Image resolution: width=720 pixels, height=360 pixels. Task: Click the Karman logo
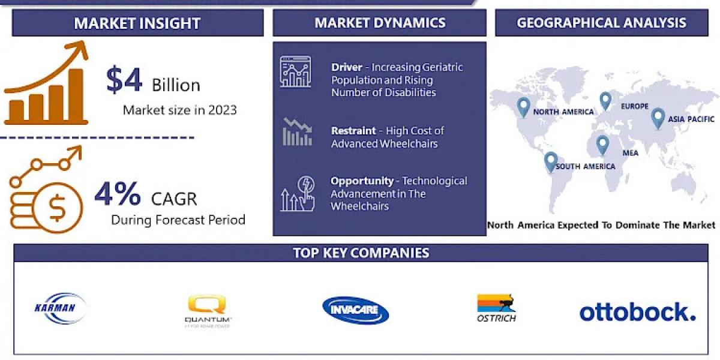click(60, 309)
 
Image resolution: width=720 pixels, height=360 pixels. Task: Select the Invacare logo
click(355, 310)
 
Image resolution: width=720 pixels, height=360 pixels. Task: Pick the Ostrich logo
click(496, 308)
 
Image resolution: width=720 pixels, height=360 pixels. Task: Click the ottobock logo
click(637, 311)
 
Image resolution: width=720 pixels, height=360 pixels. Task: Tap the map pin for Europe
click(605, 101)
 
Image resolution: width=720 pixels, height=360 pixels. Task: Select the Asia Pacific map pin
click(658, 118)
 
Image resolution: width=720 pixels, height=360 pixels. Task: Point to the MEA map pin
click(602, 145)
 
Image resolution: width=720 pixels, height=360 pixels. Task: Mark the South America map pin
click(550, 161)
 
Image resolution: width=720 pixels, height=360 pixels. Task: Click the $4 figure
click(124, 80)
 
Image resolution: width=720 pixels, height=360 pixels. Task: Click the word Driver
click(346, 67)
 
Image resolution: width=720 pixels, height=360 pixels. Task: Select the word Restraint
click(353, 130)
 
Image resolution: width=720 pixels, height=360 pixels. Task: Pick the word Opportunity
click(362, 181)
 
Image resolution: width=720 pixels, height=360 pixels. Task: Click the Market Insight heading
click(137, 23)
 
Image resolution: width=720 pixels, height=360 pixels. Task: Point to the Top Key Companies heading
click(361, 253)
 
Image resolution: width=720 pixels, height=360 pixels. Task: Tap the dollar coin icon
click(58, 209)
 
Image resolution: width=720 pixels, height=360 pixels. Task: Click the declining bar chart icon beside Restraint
click(297, 132)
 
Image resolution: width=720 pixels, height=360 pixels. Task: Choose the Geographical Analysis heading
click(601, 23)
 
